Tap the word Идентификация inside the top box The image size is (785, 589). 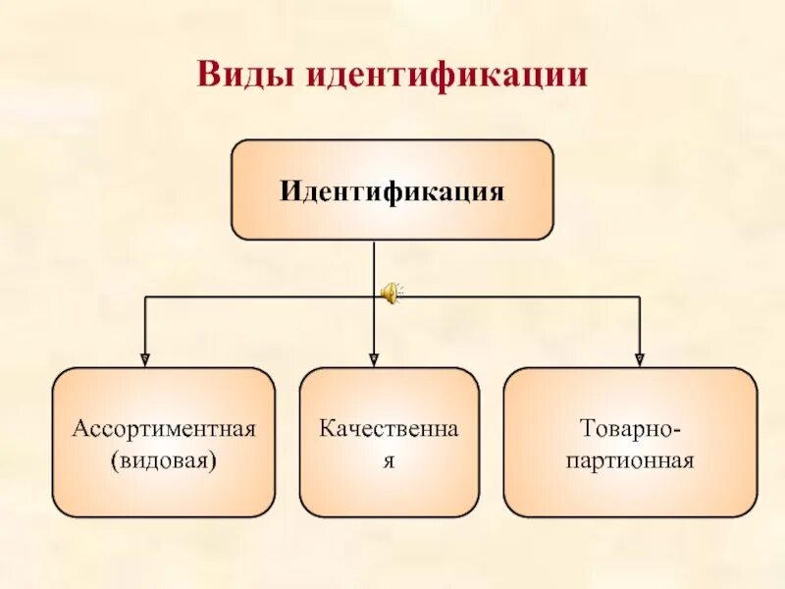coord(392,189)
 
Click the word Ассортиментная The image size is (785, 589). coord(164,429)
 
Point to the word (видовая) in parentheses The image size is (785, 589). coord(164,459)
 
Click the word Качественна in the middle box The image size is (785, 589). coord(389,429)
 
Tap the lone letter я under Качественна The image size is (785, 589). coord(389,459)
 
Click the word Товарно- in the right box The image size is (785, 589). coord(630,429)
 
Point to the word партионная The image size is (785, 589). coord(630,459)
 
